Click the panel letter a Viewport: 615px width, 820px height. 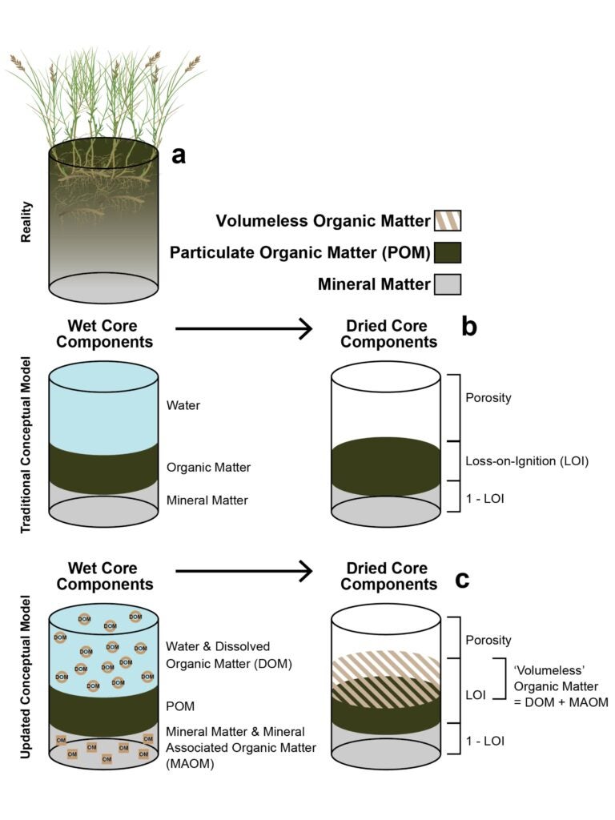pyautogui.click(x=179, y=155)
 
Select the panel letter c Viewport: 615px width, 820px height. pyautogui.click(x=463, y=578)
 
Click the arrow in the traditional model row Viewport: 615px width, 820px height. pyautogui.click(x=243, y=328)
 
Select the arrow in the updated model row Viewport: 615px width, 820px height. pyautogui.click(x=243, y=571)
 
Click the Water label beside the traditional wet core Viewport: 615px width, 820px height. pyautogui.click(x=183, y=406)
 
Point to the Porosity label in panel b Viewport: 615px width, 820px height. pyautogui.click(x=488, y=398)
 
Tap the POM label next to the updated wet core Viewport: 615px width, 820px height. pyautogui.click(x=180, y=706)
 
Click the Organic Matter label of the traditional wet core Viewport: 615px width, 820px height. pyautogui.click(x=208, y=467)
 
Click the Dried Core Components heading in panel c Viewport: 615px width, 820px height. pyautogui.click(x=388, y=577)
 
